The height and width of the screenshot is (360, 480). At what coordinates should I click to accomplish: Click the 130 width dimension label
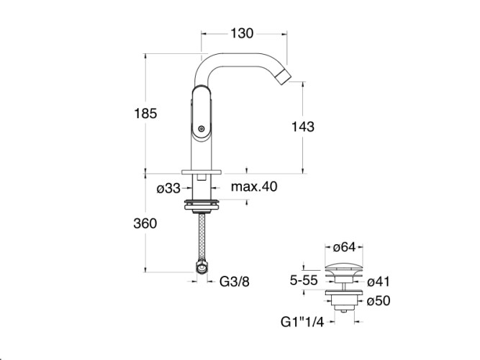(242, 33)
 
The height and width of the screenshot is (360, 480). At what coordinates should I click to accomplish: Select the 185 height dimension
(145, 113)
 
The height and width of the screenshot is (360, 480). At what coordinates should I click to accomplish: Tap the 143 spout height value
(303, 127)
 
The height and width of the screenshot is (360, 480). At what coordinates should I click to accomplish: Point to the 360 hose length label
(145, 223)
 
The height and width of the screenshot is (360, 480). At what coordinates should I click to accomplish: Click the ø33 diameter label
(168, 189)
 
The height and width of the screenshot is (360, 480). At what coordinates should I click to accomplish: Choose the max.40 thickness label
(254, 186)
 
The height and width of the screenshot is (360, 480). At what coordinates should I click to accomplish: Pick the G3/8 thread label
(235, 282)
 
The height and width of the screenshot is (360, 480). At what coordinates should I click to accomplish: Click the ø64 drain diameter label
(345, 247)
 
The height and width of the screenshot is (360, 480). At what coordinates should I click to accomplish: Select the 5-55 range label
(304, 280)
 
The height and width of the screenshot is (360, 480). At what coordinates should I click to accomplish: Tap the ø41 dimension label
(379, 282)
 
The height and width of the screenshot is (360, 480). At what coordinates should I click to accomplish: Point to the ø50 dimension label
(379, 300)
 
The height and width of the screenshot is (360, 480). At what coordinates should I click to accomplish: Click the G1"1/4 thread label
(302, 322)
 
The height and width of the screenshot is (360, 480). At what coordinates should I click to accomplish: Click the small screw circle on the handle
(201, 129)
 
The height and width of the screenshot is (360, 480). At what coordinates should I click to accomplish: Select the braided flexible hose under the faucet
(202, 236)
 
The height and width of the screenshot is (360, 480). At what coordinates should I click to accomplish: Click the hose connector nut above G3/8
(202, 266)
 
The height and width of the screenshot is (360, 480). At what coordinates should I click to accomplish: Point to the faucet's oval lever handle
(201, 114)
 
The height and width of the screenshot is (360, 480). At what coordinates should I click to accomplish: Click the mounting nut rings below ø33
(201, 204)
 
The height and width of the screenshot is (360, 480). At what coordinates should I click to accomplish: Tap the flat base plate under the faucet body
(201, 172)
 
